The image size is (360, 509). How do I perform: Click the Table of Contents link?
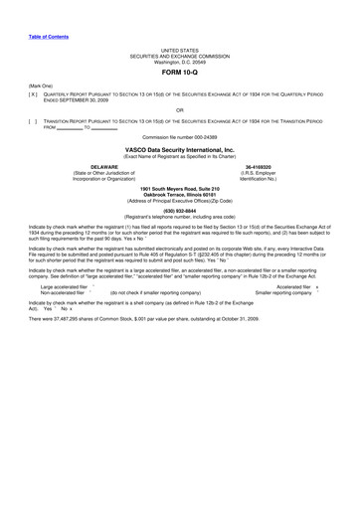pyautogui.click(x=48, y=36)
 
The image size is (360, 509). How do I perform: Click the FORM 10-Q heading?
pyautogui.click(x=179, y=74)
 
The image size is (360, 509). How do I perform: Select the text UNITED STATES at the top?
pyautogui.click(x=179, y=50)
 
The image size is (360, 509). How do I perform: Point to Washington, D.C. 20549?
pyautogui.click(x=179, y=62)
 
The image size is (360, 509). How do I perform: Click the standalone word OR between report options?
pyautogui.click(x=179, y=110)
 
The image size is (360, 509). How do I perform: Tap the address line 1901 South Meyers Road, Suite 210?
pyautogui.click(x=179, y=189)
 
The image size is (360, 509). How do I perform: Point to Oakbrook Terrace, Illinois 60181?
pyautogui.click(x=179, y=195)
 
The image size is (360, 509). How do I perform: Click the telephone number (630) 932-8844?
pyautogui.click(x=179, y=211)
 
